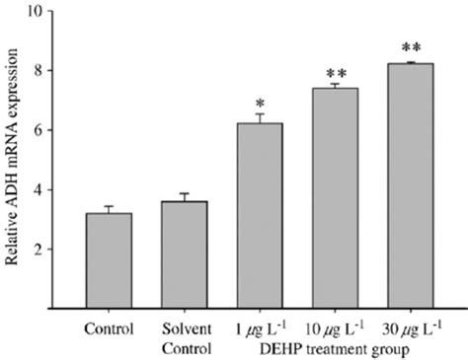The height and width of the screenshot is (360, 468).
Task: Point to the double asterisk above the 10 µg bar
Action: pyautogui.click(x=336, y=73)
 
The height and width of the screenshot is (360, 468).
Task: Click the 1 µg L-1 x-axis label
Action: pyautogui.click(x=258, y=325)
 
